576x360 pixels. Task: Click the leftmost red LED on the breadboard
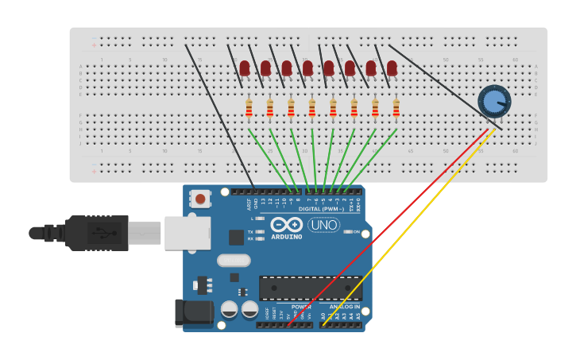click(245, 68)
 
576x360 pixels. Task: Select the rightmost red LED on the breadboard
click(392, 68)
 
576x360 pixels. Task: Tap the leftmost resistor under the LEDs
click(249, 108)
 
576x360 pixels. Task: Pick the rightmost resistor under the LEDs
click(396, 108)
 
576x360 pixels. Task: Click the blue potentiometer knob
click(494, 101)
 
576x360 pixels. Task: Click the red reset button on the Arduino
click(200, 199)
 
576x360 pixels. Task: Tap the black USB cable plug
click(95, 233)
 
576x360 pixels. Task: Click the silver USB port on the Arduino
click(187, 233)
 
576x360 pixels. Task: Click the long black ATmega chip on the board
click(310, 288)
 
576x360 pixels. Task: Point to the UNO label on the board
click(323, 225)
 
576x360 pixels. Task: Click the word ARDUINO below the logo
click(286, 237)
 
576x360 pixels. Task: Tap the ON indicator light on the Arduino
click(348, 231)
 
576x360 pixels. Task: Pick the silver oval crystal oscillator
click(234, 260)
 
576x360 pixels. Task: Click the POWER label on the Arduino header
click(301, 307)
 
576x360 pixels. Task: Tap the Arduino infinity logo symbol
click(286, 224)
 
